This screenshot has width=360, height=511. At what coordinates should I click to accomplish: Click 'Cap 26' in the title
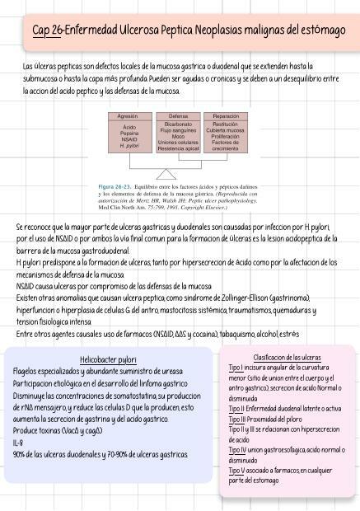[47, 30]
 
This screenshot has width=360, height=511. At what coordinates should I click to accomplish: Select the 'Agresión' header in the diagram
[128, 116]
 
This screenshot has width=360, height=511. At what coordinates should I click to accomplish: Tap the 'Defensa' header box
[178, 116]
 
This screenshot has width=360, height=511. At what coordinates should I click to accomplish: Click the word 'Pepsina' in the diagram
[128, 134]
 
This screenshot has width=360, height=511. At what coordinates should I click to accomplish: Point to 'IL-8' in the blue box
[18, 443]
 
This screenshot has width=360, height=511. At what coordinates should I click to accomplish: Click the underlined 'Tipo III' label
[241, 419]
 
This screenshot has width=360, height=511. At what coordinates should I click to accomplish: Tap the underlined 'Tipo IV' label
[241, 450]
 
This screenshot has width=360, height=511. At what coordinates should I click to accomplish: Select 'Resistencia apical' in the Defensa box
[178, 148]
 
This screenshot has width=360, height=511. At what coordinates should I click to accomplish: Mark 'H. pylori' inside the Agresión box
[128, 146]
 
